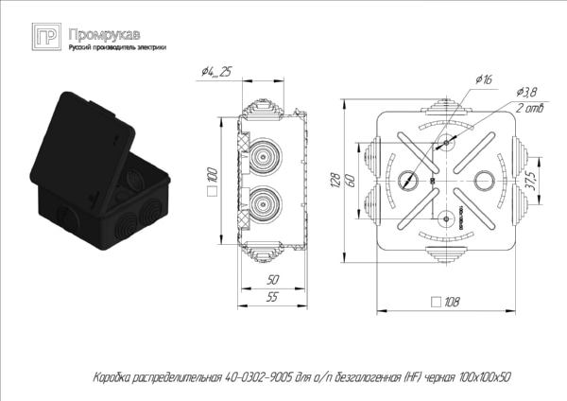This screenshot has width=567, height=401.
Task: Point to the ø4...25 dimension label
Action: tap(217, 73)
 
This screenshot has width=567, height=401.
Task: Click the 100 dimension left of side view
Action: tap(214, 175)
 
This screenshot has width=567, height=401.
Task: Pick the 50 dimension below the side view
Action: tap(273, 281)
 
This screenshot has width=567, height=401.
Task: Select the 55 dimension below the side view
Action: tap(274, 298)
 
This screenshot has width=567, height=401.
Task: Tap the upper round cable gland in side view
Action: tap(260, 151)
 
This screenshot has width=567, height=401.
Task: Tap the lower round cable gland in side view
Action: tap(260, 201)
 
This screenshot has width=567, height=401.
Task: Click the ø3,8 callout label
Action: tap(526, 91)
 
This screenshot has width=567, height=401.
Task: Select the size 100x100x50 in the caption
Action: tap(481, 376)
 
